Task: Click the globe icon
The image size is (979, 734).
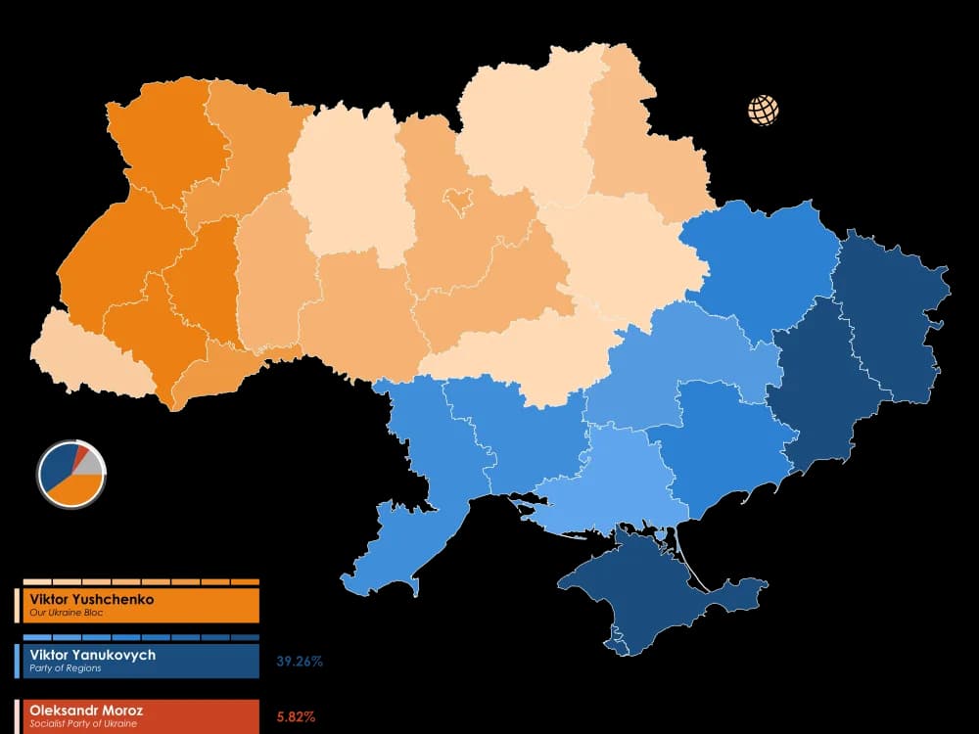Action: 764,111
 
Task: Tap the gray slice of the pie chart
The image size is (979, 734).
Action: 89,463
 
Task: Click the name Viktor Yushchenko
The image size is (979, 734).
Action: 92,599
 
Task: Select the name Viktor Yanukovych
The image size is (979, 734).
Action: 92,655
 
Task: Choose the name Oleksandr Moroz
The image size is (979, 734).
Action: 86,711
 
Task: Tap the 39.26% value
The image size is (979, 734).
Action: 300,662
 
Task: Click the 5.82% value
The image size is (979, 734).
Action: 296,717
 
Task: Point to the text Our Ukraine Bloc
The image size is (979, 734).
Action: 67,613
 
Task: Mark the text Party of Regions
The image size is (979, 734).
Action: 66,668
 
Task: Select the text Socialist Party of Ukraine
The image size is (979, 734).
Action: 83,724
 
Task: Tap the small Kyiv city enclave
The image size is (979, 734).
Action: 457,201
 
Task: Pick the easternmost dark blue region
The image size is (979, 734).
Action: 891,313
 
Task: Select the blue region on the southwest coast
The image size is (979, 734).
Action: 392,548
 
